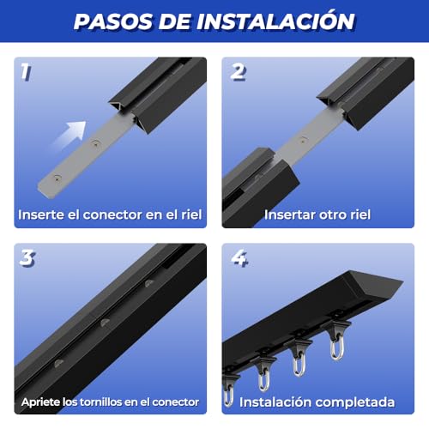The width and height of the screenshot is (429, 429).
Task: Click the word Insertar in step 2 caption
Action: [x=289, y=214]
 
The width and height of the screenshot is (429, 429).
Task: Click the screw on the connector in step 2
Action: [x=302, y=136]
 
